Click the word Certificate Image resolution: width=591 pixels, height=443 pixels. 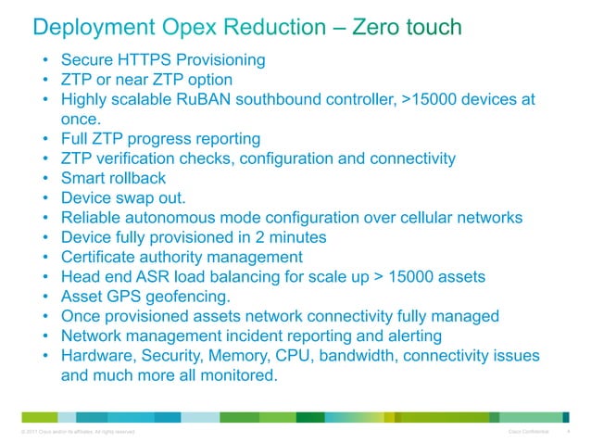tap(101, 258)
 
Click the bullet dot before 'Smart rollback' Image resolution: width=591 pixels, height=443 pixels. tap(44, 179)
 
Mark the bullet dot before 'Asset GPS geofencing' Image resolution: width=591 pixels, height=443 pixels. tap(44, 297)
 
